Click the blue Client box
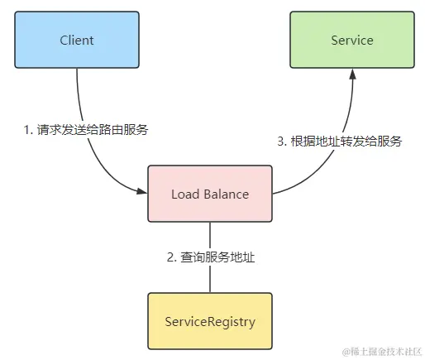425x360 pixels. (77, 40)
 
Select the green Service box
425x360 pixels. (351, 40)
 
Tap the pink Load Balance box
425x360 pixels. (210, 194)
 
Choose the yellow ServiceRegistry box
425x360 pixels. (210, 319)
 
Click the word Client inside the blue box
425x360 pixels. (77, 40)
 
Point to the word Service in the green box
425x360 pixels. (351, 40)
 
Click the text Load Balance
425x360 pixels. (210, 194)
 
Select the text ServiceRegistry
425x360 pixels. (210, 319)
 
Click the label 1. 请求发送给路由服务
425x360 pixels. (87, 130)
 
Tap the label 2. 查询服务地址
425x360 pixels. (210, 257)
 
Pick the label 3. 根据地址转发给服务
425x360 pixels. (339, 141)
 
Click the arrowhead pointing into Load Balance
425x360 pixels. (141, 192)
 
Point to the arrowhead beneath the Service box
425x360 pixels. (351, 74)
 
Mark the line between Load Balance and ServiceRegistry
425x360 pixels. (210, 236)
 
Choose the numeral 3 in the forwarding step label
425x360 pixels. (280, 141)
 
